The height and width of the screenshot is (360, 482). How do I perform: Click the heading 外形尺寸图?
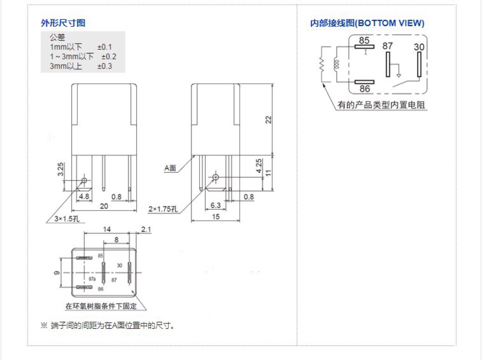[63, 23]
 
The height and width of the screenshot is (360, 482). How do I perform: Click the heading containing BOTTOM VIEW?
[367, 23]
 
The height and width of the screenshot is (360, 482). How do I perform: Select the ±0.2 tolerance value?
[109, 57]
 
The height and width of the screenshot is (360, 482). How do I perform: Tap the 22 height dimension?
[268, 120]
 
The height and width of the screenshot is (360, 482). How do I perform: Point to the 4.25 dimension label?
[259, 166]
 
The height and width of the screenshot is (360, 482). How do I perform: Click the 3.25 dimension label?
[61, 169]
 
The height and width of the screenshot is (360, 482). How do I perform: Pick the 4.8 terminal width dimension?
[84, 196]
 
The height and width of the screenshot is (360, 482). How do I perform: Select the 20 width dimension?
[104, 206]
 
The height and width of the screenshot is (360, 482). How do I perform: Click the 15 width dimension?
[216, 217]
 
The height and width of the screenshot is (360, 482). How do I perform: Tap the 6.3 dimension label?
[215, 205]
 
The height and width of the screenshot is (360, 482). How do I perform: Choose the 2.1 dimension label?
[146, 229]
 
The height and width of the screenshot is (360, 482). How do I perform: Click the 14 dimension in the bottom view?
[107, 229]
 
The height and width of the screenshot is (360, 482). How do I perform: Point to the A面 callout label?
[170, 168]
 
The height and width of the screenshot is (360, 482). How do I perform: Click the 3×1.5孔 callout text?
[67, 219]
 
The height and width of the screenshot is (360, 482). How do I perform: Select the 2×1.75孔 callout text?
[163, 209]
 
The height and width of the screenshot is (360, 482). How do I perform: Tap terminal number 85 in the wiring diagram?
[364, 40]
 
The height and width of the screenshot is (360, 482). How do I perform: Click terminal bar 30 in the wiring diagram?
[419, 64]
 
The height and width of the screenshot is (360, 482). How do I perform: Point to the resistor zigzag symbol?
[322, 64]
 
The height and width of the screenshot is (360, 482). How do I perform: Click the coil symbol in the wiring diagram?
[336, 64]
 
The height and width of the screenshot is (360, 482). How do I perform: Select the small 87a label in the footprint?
[92, 279]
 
